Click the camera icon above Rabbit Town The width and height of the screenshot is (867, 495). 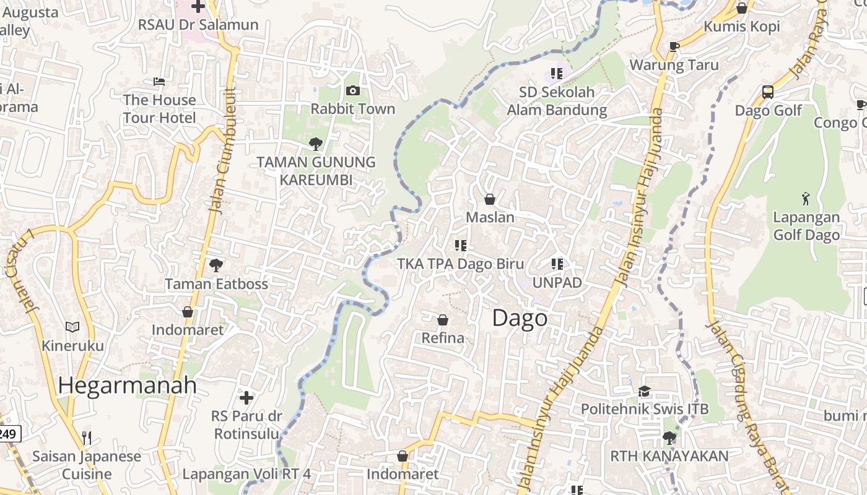pos(353,91)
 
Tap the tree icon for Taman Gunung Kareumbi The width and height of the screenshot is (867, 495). pos(316,144)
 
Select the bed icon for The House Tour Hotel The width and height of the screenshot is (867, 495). pos(159,82)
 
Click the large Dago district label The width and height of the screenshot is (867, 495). pos(520,318)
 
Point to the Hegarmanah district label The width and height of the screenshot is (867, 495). pos(127,385)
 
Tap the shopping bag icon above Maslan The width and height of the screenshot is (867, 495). pos(489,199)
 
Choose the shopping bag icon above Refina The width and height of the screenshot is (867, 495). pos(443,320)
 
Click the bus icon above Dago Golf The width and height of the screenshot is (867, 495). pos(768,93)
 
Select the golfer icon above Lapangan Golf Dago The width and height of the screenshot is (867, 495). pos(806,199)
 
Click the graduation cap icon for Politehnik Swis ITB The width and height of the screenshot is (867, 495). pos(644,391)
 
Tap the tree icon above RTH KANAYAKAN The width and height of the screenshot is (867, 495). pos(669,438)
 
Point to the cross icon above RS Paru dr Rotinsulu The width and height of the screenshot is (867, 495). pos(246,397)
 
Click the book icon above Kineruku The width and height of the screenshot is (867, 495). pos(72,327)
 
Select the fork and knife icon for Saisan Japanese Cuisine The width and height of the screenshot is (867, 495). pos(87,438)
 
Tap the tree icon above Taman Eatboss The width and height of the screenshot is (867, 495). pos(216,265)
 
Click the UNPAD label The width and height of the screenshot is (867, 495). pos(557,283)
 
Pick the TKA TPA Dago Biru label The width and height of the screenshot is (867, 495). pos(460,264)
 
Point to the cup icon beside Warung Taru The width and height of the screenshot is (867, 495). pos(674,46)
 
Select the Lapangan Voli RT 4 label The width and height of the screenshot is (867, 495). pos(246,475)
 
